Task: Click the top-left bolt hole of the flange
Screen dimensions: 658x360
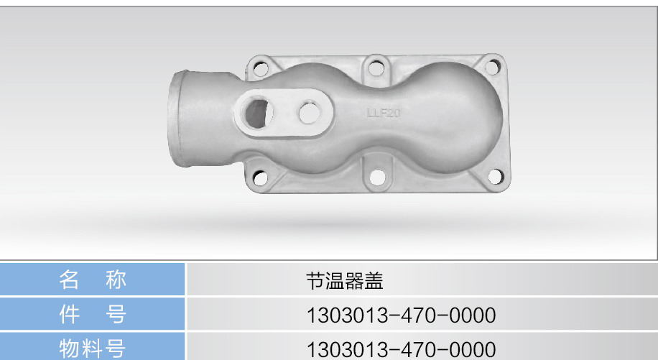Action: [261, 68]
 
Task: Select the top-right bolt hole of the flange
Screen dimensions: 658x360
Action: [492, 67]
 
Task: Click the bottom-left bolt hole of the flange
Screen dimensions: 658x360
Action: [260, 177]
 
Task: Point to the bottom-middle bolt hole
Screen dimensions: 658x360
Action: [377, 177]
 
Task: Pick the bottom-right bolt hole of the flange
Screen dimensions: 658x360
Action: [495, 177]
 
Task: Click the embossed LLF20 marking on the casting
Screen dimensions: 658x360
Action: [384, 113]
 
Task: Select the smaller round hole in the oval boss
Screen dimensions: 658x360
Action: [310, 113]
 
